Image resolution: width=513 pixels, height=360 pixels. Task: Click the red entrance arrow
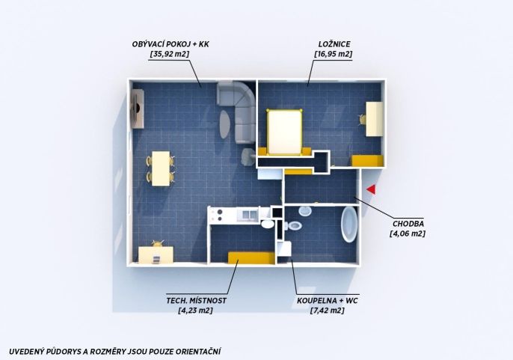(x=371, y=189)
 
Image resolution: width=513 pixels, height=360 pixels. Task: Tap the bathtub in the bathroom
(x=349, y=225)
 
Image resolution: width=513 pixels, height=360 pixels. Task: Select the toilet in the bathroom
(x=293, y=225)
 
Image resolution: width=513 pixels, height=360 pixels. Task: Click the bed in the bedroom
(x=284, y=132)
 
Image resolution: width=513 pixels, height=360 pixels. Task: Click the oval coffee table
(x=224, y=124)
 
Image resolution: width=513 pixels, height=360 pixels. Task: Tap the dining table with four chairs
(x=161, y=168)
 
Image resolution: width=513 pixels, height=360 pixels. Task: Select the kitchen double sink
(x=250, y=215)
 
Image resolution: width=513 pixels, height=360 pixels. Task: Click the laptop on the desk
(x=156, y=259)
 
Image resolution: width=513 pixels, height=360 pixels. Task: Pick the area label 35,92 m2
(x=170, y=54)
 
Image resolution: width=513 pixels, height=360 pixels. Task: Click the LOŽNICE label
(x=334, y=44)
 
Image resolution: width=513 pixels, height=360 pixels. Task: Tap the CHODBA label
(x=408, y=224)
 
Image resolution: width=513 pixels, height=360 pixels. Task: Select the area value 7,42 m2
(x=327, y=310)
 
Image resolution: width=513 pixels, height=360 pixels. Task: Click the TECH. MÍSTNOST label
(x=196, y=300)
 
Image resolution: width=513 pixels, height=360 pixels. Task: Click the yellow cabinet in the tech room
(x=251, y=257)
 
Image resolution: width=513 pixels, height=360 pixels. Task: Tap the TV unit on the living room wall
(x=138, y=109)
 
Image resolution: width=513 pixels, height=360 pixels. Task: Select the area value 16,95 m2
(x=333, y=54)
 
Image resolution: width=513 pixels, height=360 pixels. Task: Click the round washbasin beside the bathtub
(x=304, y=211)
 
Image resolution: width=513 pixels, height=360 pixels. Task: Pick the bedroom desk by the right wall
(x=374, y=119)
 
